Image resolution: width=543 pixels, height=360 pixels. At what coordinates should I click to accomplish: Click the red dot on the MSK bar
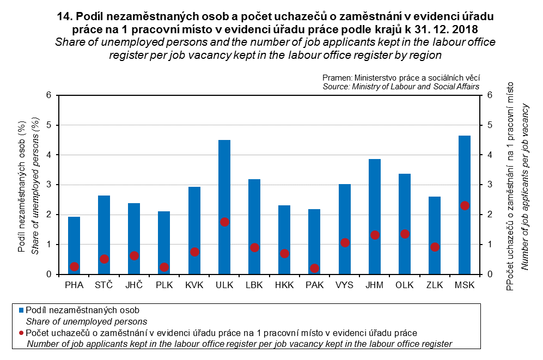click(x=465, y=205)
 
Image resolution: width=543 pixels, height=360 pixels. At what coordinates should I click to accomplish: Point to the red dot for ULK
click(x=224, y=222)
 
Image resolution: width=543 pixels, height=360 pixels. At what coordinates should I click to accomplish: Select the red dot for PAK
click(x=314, y=269)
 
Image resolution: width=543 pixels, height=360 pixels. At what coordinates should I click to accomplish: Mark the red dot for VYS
click(x=345, y=242)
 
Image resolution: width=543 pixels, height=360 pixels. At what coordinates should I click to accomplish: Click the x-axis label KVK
click(x=194, y=285)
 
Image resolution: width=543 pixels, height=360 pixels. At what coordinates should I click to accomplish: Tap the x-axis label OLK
click(x=405, y=285)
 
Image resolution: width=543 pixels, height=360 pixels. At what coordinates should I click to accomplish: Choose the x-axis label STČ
click(x=104, y=285)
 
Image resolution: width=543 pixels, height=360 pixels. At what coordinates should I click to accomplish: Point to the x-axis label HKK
click(x=284, y=285)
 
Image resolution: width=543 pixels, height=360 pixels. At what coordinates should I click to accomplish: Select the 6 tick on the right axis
click(x=490, y=95)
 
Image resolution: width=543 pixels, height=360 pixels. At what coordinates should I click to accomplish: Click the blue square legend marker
click(x=21, y=310)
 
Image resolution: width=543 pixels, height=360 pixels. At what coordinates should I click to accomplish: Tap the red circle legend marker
click(x=21, y=332)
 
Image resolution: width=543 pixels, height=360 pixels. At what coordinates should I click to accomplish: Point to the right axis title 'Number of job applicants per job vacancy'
click(x=525, y=185)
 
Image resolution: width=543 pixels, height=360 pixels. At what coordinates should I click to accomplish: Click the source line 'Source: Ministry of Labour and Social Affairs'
click(x=401, y=87)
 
